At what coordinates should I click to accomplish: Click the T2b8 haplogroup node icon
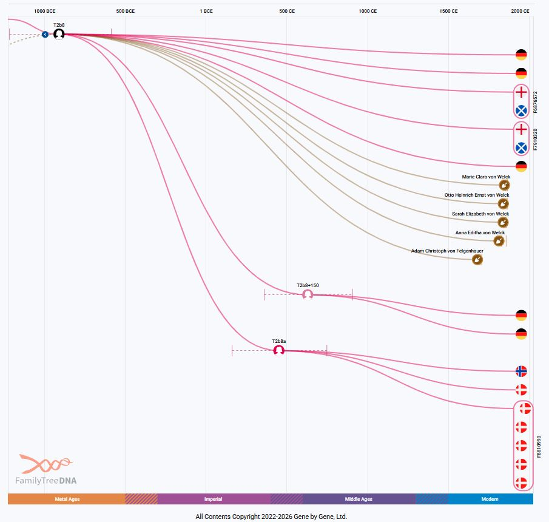[x=59, y=34]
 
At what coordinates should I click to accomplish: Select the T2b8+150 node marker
[x=308, y=294]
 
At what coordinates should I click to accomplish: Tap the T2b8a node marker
[x=279, y=350]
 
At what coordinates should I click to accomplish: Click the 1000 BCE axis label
[x=45, y=11]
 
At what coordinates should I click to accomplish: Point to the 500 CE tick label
[x=287, y=11]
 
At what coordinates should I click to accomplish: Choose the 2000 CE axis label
[x=520, y=11]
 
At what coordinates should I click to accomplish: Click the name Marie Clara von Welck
[x=485, y=177]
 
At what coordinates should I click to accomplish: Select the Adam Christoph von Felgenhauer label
[x=447, y=251]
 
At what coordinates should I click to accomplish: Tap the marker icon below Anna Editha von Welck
[x=498, y=241]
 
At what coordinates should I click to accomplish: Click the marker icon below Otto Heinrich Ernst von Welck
[x=503, y=203]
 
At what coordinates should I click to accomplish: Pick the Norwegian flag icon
[x=520, y=371]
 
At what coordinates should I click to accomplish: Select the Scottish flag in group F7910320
[x=520, y=147]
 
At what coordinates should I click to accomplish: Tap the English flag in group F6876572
[x=520, y=92]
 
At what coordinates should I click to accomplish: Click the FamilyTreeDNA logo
[x=46, y=470]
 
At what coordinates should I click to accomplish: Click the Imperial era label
[x=213, y=499]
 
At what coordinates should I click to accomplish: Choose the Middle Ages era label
[x=359, y=499]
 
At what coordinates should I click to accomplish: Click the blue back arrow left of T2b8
[x=45, y=35]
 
